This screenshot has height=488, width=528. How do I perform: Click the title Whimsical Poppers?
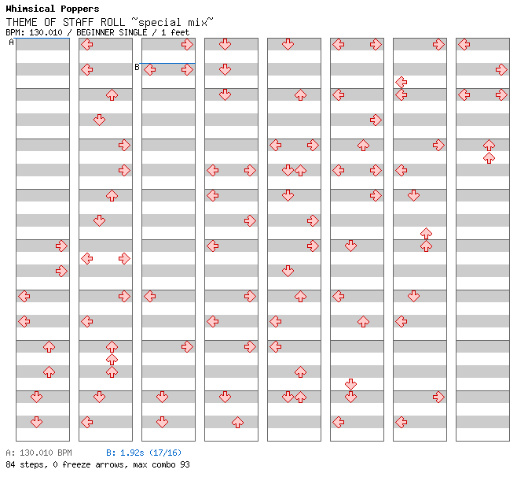pyautogui.click(x=52, y=9)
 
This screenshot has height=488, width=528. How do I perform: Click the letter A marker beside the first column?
pyautogui.click(x=11, y=43)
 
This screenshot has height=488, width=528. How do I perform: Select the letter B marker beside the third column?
pyautogui.click(x=137, y=68)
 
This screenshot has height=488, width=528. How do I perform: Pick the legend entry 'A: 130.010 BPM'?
pyautogui.click(x=38, y=453)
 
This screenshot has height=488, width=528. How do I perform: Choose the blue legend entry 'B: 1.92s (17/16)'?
pyautogui.click(x=144, y=453)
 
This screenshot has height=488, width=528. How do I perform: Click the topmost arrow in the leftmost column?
pyautogui.click(x=61, y=246)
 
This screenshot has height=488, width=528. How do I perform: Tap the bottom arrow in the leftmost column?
pyautogui.click(x=36, y=422)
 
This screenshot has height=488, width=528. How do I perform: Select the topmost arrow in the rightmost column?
pyautogui.click(x=464, y=44)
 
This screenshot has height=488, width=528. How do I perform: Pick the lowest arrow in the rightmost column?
pyautogui.click(x=489, y=157)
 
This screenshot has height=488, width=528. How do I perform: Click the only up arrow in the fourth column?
pyautogui.click(x=237, y=422)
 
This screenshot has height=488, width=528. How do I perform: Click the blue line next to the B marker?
pyautogui.click(x=168, y=63)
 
